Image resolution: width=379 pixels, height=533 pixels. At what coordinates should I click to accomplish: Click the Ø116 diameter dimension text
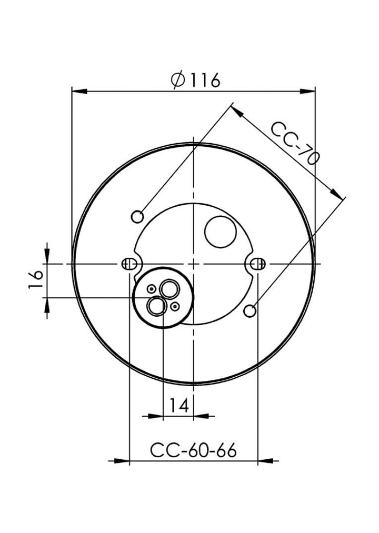196,80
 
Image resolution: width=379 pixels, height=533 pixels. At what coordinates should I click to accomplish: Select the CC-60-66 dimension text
193,450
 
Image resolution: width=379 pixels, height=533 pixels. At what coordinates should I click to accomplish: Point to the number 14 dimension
179,405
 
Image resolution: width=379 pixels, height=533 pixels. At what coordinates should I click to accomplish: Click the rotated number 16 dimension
36,279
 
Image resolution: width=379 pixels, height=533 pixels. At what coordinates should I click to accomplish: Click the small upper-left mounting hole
137,217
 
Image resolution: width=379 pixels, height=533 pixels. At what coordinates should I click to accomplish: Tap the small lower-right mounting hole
250,311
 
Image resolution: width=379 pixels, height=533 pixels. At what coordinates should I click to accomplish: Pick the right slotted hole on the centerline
258,264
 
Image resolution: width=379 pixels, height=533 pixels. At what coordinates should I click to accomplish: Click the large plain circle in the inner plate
221,232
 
